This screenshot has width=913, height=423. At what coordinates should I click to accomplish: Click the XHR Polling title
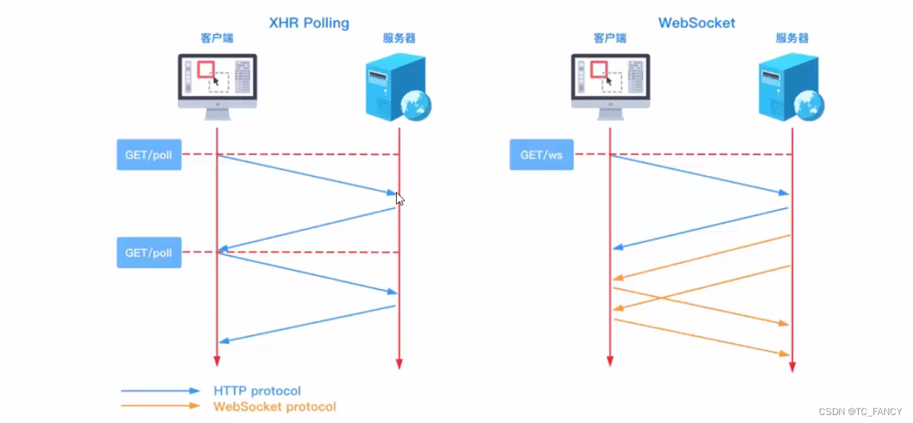[309, 22]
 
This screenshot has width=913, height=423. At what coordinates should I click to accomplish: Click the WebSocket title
[697, 22]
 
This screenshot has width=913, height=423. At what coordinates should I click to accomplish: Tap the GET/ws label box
[541, 155]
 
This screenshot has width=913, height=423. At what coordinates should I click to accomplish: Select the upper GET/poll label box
[148, 155]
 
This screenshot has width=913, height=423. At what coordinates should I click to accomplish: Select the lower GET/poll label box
[148, 253]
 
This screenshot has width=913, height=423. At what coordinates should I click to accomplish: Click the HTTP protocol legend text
[257, 391]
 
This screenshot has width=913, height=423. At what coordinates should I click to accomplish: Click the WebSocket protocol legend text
[274, 406]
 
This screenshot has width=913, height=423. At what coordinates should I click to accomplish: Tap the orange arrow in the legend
[160, 406]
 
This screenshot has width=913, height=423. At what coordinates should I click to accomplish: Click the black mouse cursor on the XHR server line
[400, 198]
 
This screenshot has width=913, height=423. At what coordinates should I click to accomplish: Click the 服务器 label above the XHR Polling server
[400, 38]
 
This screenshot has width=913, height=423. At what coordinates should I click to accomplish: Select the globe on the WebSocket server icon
[809, 106]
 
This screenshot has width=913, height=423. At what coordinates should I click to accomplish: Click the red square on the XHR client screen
[206, 69]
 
